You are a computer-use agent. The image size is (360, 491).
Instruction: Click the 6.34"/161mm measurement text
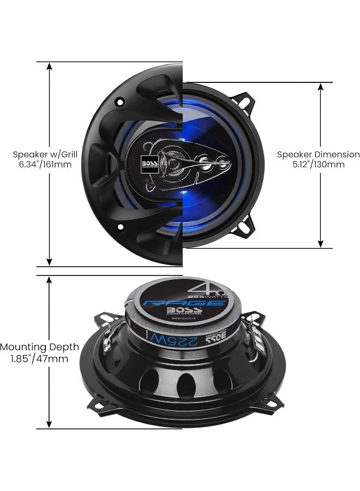[x=42, y=164]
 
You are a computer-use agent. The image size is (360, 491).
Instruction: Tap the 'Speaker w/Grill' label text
[x=42, y=154]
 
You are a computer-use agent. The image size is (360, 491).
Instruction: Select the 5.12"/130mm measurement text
[x=319, y=164]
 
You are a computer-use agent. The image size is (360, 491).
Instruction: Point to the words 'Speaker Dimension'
[x=319, y=154]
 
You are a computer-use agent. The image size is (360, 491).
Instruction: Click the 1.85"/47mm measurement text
[x=39, y=358]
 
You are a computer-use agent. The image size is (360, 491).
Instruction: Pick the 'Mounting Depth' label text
[x=39, y=347]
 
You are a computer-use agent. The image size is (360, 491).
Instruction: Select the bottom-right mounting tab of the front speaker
[x=245, y=225]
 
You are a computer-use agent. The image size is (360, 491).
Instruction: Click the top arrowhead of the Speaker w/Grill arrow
[x=49, y=67]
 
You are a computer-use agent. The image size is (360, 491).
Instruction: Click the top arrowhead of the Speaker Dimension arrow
[x=321, y=87]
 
